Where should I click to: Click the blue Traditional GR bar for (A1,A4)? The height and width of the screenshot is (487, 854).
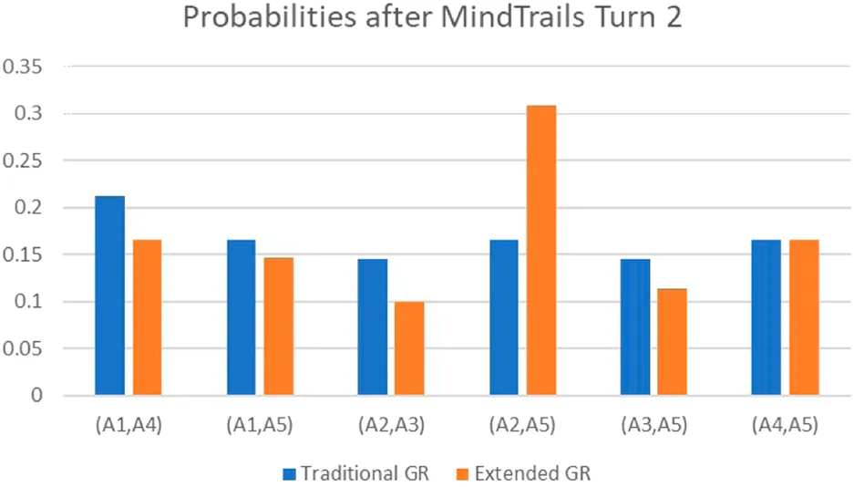click(x=109, y=295)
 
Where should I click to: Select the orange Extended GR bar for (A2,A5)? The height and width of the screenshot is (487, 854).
click(x=540, y=251)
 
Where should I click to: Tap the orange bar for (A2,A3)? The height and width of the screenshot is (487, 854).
click(x=409, y=348)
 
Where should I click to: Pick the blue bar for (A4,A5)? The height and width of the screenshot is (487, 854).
click(x=766, y=317)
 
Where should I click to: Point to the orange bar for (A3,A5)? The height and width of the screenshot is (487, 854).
click(x=672, y=342)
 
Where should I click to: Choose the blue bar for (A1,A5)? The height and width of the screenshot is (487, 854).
click(x=241, y=317)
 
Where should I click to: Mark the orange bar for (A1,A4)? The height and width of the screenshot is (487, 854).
click(x=147, y=317)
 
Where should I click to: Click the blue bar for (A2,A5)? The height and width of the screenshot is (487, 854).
click(x=503, y=317)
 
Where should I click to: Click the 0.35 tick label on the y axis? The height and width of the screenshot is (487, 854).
click(x=24, y=67)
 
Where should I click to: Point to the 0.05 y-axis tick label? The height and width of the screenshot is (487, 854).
click(x=24, y=348)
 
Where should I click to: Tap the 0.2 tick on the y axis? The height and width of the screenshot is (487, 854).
click(x=29, y=208)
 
